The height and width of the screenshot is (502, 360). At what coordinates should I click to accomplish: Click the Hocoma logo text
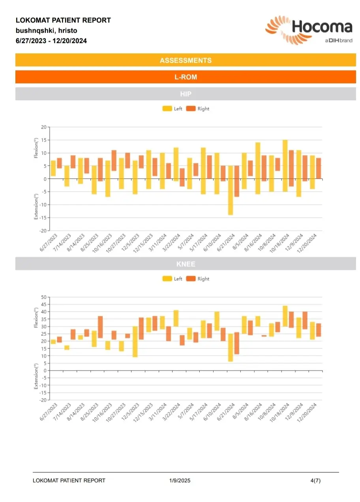(x=322, y=27)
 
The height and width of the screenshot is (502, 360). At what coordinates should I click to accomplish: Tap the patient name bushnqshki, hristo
(x=47, y=30)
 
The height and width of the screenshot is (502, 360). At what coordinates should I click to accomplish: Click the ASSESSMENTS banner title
(x=186, y=60)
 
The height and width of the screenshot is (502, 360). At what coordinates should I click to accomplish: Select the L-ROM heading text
(x=186, y=77)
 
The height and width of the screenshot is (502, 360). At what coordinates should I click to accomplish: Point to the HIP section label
(x=186, y=94)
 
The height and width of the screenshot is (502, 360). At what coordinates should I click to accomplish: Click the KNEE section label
(x=186, y=264)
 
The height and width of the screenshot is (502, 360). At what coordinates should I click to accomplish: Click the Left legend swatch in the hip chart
(x=167, y=109)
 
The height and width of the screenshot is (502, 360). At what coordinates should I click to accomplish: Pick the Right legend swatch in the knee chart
(x=191, y=279)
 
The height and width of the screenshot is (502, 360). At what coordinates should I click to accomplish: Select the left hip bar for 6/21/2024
(x=231, y=190)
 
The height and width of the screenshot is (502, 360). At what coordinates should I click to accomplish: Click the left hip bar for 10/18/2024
(x=285, y=166)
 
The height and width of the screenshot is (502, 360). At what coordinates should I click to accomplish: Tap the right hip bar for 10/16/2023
(x=114, y=161)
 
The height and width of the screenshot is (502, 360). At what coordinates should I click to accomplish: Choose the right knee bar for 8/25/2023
(x=100, y=327)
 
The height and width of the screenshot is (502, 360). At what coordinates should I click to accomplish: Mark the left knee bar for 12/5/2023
(x=135, y=341)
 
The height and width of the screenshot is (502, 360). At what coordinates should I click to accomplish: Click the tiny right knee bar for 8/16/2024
(x=264, y=336)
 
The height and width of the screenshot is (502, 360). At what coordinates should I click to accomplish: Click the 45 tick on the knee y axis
(x=44, y=304)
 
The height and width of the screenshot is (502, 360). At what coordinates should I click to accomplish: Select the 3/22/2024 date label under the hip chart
(x=171, y=242)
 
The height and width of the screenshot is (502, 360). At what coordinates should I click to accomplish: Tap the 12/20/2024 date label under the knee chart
(x=307, y=413)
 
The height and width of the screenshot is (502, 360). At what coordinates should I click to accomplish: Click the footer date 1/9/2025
(x=180, y=480)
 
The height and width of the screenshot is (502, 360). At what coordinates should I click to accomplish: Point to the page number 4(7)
(x=316, y=480)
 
